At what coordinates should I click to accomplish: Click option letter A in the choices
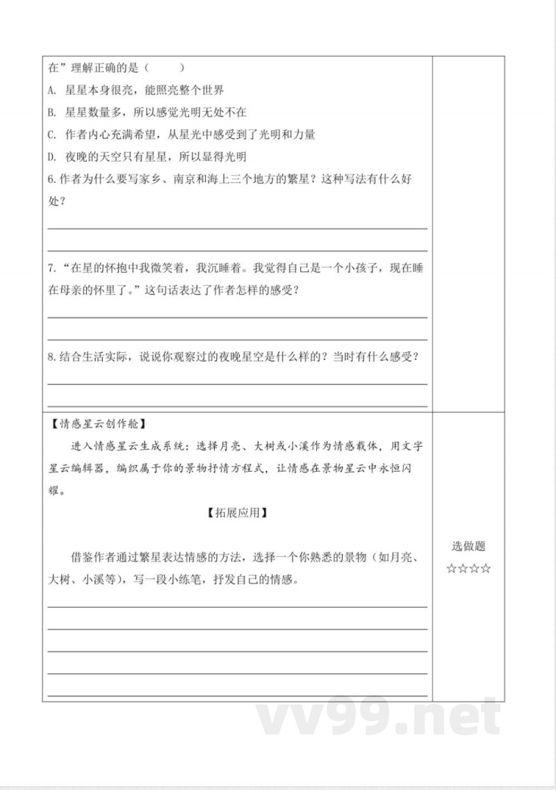click(x=51, y=90)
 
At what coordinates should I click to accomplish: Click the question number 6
click(x=51, y=179)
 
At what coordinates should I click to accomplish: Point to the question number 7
click(x=51, y=268)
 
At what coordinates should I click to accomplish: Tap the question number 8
click(x=51, y=357)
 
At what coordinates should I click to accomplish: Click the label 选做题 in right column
click(x=468, y=547)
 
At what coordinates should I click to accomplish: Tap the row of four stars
click(x=468, y=569)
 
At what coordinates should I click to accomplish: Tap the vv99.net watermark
click(x=379, y=718)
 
